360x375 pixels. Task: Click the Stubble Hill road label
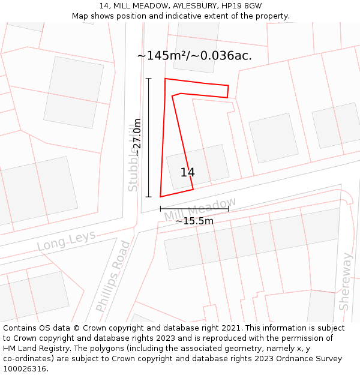(x=133, y=158)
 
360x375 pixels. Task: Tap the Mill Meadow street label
(x=200, y=209)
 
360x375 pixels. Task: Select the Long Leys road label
(x=66, y=241)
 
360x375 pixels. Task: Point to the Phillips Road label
(x=113, y=276)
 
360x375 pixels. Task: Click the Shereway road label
(x=346, y=281)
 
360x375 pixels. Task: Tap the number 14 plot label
(x=187, y=172)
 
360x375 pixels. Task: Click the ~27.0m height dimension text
(x=137, y=137)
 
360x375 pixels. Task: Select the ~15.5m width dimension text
(x=194, y=221)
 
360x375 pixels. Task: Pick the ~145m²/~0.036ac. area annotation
(x=194, y=56)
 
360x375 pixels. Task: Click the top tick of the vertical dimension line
(x=149, y=79)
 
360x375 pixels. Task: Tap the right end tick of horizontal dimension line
(x=228, y=209)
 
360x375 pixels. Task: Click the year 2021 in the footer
(x=232, y=328)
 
